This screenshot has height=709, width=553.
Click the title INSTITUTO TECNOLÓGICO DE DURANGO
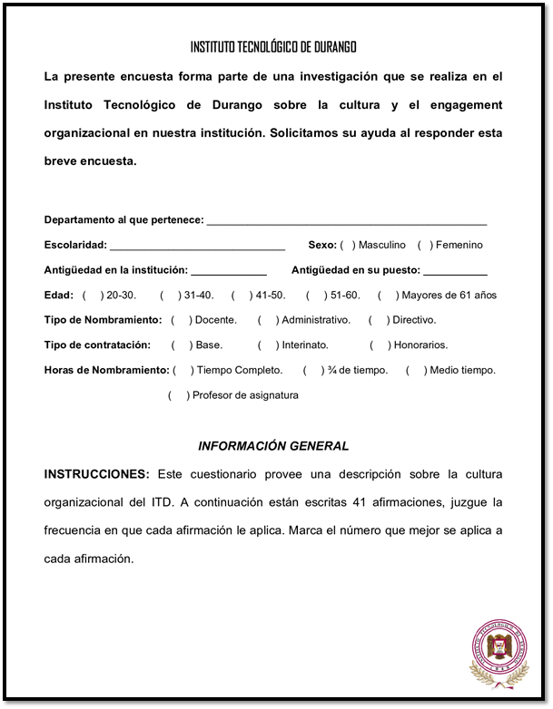point(273,47)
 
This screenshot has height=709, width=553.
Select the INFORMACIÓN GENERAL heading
point(273,446)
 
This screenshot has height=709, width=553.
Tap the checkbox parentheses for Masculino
point(348,245)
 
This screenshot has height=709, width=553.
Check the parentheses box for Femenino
point(425,245)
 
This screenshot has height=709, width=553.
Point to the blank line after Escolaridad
point(197,247)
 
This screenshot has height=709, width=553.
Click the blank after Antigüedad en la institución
point(229,271)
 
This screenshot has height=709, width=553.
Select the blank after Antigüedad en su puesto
point(455,271)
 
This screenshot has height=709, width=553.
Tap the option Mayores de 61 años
point(449,296)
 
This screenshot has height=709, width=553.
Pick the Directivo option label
point(414,320)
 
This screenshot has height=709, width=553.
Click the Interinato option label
point(305,345)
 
